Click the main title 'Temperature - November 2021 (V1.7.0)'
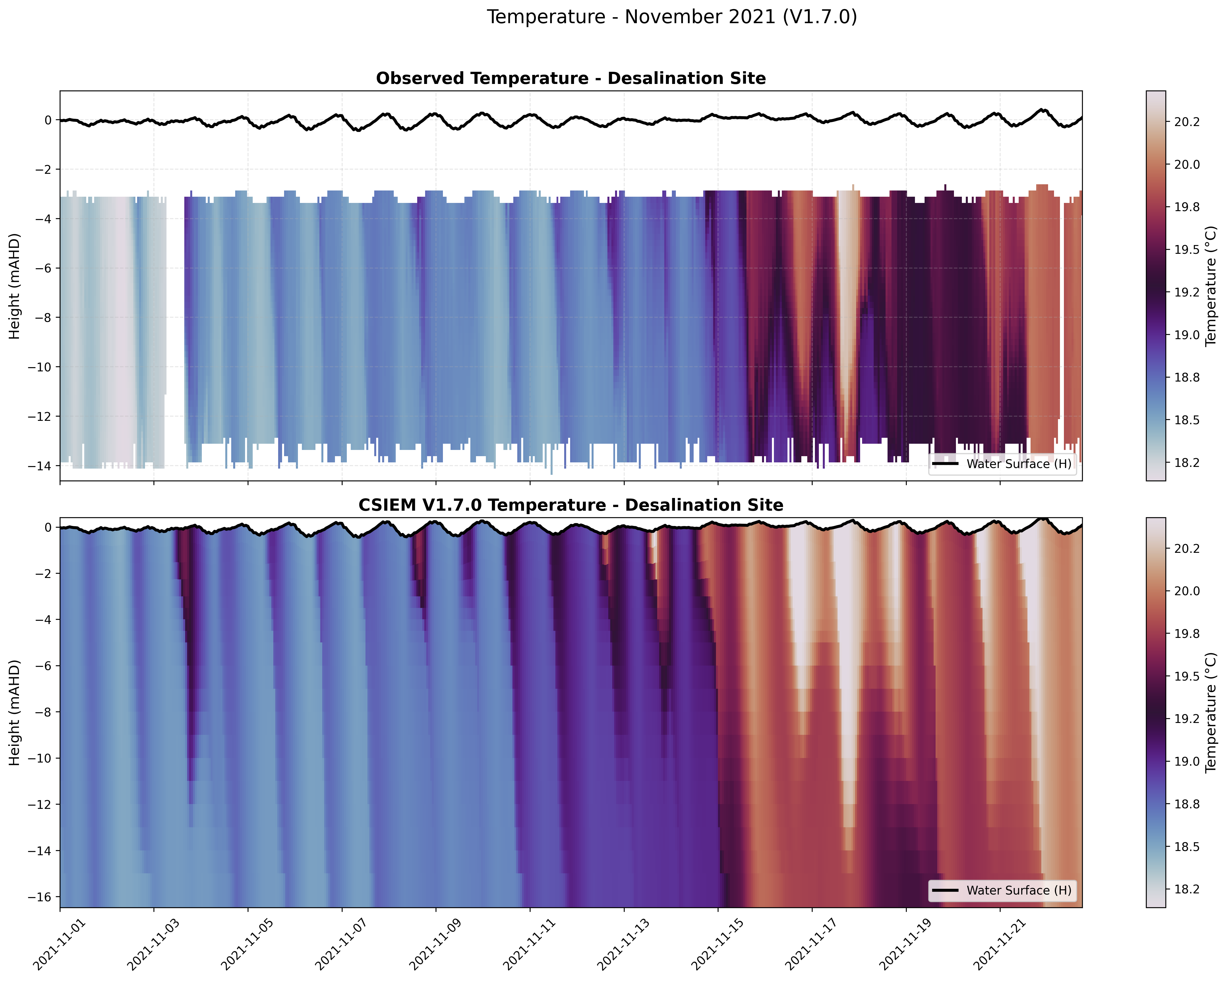pyautogui.click(x=672, y=17)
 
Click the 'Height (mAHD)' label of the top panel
pyautogui.click(x=15, y=286)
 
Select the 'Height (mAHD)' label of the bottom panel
pyautogui.click(x=15, y=713)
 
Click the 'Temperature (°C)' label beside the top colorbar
pyautogui.click(x=1211, y=286)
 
